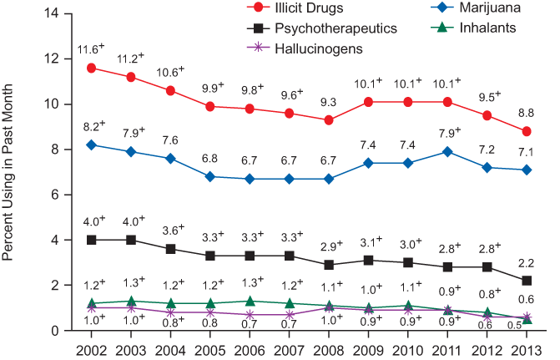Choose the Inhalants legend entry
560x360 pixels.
pos(467,28)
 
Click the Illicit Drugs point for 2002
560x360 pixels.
pos(91,68)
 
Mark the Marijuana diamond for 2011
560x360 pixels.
pos(448,151)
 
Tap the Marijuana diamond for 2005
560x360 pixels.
pos(210,176)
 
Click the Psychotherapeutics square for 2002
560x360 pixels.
pos(91,240)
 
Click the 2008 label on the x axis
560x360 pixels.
pos(329,347)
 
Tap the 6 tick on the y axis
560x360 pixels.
pos(57,195)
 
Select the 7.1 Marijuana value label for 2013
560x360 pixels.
pos(526,151)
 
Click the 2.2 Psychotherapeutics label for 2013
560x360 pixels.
pos(526,263)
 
